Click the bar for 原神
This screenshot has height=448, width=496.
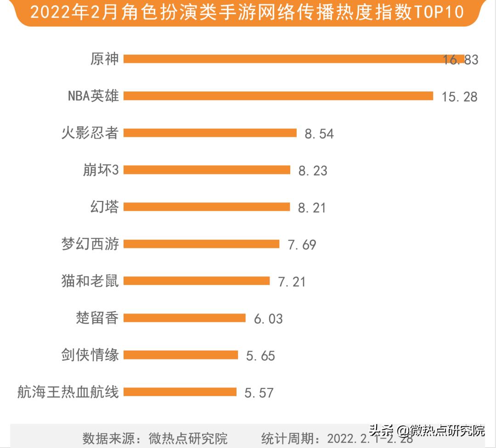tap(294, 59)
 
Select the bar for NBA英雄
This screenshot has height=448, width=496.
tap(278, 95)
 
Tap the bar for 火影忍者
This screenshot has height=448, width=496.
tap(210, 133)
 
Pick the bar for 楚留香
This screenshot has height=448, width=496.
tap(185, 318)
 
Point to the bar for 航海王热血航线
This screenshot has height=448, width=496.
tap(180, 392)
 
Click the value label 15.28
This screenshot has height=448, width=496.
tap(459, 96)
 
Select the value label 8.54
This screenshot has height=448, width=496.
tap(319, 134)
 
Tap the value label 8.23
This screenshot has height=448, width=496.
tap(313, 171)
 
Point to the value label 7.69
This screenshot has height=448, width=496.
tap(302, 245)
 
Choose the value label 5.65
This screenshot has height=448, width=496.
tap(260, 356)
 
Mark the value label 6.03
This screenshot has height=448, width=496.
tap(268, 319)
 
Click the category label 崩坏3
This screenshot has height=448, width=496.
tap(98, 170)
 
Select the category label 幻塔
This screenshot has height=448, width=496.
tap(104, 207)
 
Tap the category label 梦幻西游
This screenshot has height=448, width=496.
tap(90, 244)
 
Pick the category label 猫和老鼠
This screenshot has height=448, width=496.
tap(90, 280)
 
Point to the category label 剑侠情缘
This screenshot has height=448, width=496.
tap(90, 355)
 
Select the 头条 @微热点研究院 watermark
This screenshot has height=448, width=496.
tap(427, 431)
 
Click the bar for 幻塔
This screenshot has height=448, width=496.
tap(207, 207)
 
